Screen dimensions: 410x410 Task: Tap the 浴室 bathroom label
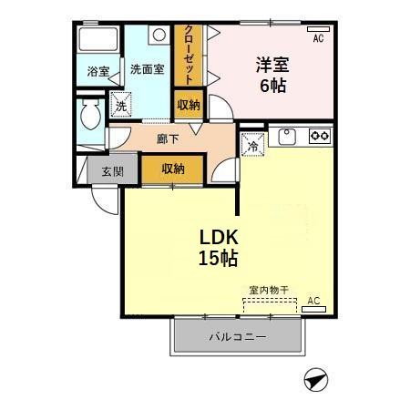97,71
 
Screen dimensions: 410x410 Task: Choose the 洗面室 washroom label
145,69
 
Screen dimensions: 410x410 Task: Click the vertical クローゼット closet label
190,53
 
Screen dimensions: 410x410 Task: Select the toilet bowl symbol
90,117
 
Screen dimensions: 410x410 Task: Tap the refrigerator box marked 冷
251,143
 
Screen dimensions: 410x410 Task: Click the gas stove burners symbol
320,137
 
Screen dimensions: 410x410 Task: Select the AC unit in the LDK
313,309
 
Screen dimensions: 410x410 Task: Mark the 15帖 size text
218,259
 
